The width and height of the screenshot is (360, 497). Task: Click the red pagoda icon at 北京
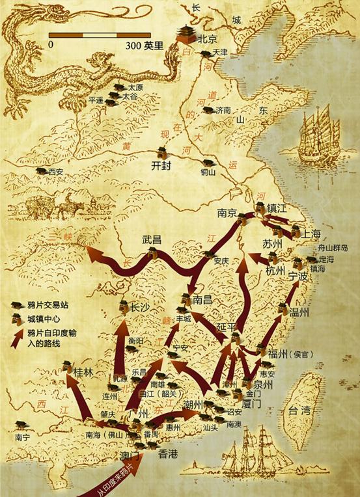point(184,31)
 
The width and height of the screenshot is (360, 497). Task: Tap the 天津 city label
point(220,52)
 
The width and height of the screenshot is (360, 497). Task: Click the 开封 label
point(160,165)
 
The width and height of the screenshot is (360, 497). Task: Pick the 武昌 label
point(152,239)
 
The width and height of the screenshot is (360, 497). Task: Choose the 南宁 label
point(21,437)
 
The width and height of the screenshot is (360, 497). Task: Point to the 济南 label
point(224,111)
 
